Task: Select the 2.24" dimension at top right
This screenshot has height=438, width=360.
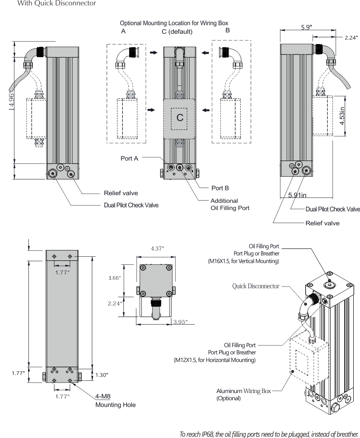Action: tap(351, 38)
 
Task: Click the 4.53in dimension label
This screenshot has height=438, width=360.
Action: tap(342, 116)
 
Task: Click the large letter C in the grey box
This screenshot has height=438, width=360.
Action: tap(180, 118)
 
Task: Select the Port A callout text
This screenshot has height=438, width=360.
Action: tap(129, 158)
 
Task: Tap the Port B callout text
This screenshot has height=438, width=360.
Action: tap(220, 187)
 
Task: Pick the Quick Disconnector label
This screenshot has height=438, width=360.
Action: tap(256, 286)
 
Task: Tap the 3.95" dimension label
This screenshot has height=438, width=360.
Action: tap(180, 322)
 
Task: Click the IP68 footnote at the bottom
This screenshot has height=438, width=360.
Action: tap(269, 434)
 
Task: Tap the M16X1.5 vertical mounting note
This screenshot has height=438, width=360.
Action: tap(243, 260)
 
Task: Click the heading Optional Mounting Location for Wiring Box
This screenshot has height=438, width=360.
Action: tap(174, 22)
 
